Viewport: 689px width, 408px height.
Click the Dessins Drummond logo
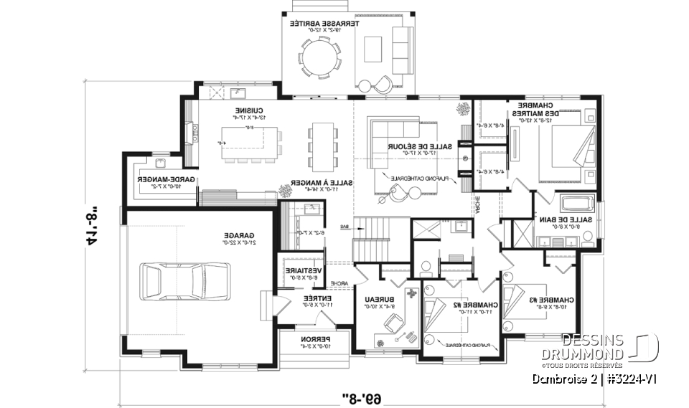[x=609, y=347]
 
